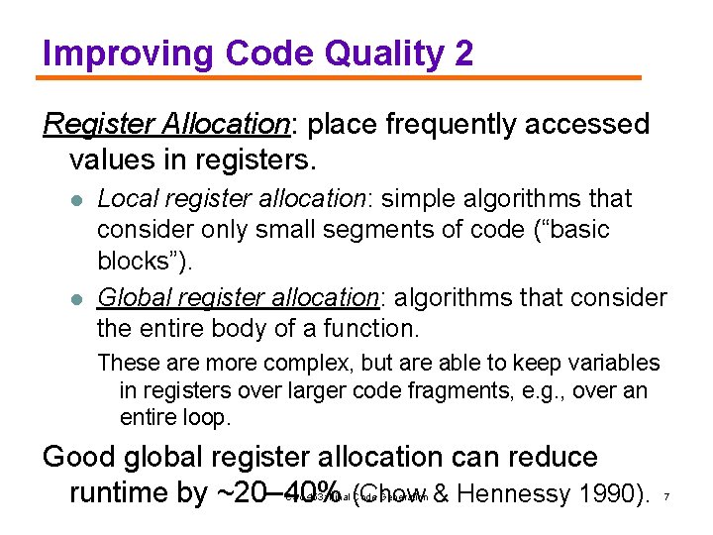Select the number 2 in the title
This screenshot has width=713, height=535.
(x=463, y=53)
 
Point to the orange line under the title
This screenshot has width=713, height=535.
(x=342, y=77)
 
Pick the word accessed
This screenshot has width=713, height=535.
(x=595, y=125)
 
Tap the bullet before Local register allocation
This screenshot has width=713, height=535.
(x=76, y=200)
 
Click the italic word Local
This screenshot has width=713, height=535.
(x=123, y=199)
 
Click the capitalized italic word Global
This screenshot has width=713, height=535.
(x=129, y=297)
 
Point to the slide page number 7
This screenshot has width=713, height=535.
(x=667, y=495)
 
